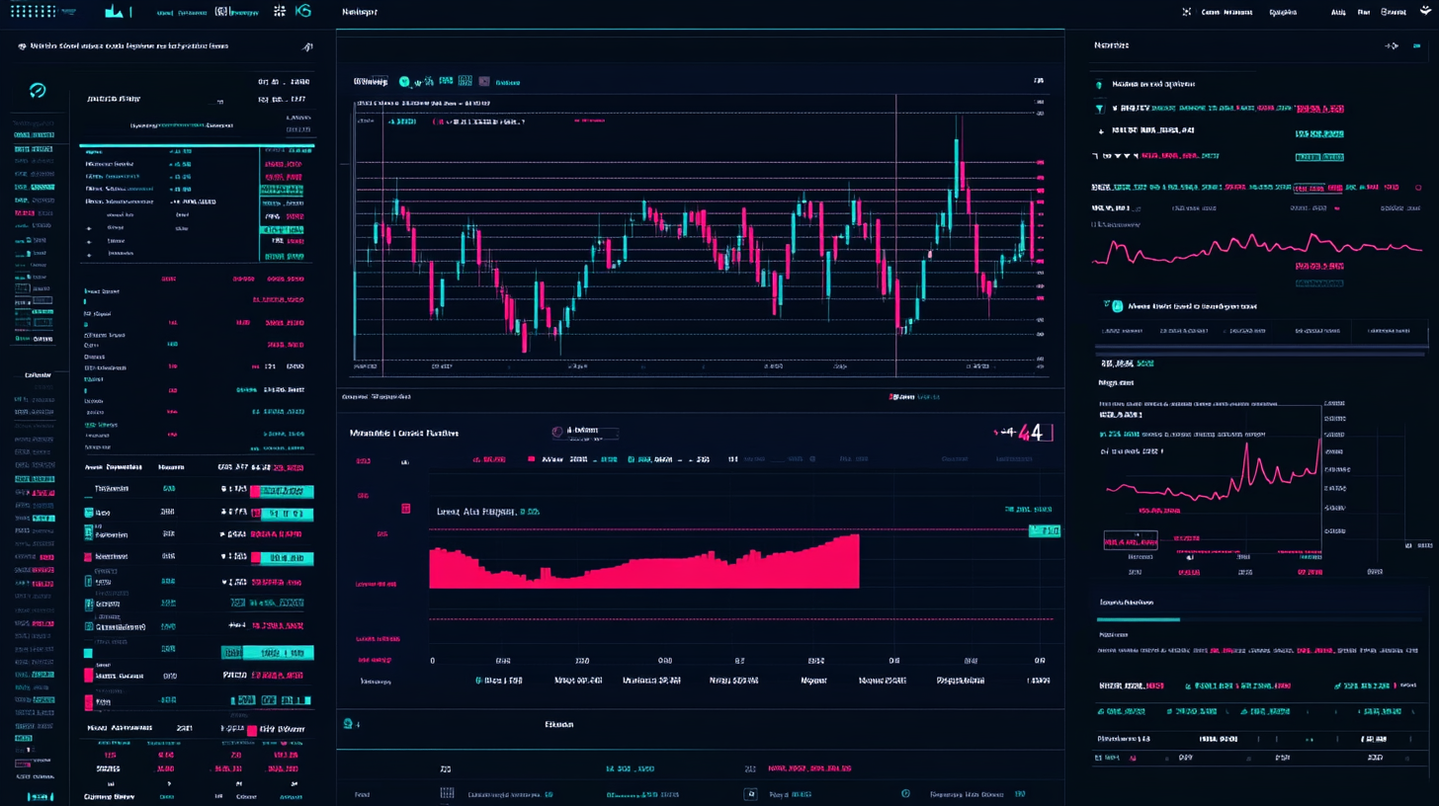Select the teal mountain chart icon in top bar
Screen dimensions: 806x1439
[x=115, y=12]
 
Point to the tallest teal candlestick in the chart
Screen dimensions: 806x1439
[x=957, y=163]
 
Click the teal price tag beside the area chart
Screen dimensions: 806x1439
[x=1044, y=531]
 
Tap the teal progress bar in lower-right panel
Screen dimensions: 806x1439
[x=1139, y=619]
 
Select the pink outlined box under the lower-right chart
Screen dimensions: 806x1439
[x=1130, y=540]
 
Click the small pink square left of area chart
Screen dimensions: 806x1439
[x=405, y=508]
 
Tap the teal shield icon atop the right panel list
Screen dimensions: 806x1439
[x=1099, y=85]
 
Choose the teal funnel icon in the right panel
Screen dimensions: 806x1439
[x=1099, y=108]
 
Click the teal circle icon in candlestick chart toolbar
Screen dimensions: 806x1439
[x=404, y=82]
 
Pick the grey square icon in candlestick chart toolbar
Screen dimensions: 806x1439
[x=484, y=81]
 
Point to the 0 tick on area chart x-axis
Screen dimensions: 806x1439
[x=433, y=660]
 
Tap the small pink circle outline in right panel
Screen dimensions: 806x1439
[x=1338, y=207]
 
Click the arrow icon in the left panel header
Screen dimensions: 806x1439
[x=307, y=46]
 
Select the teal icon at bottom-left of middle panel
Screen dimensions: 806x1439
[x=347, y=724]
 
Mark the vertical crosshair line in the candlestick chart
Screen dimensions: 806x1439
[x=896, y=237]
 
